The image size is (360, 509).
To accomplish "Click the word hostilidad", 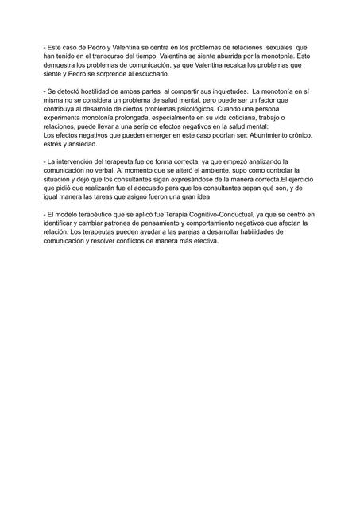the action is coord(93,94).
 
